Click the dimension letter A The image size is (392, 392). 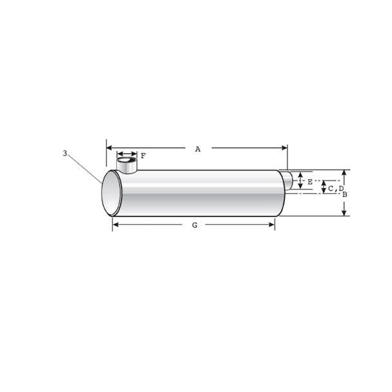198,149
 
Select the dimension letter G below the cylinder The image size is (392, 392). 195,225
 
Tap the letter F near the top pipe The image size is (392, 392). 143,156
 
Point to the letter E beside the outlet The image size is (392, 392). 310,182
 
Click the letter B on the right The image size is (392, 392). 345,194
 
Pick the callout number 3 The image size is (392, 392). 65,153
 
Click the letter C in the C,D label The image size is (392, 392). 331,189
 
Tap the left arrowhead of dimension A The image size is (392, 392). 109,148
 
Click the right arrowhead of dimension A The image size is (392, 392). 284,148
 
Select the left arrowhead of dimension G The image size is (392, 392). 115,224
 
